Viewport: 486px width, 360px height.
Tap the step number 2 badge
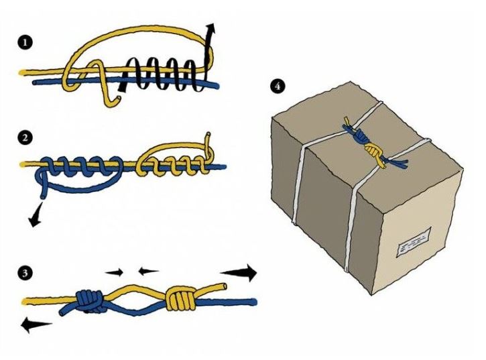tap(25, 138)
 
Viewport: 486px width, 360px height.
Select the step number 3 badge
tap(25, 273)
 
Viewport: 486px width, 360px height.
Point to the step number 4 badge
tap(276, 85)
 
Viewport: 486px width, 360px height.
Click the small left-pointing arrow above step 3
tap(147, 272)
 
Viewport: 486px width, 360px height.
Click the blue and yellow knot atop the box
tap(368, 145)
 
